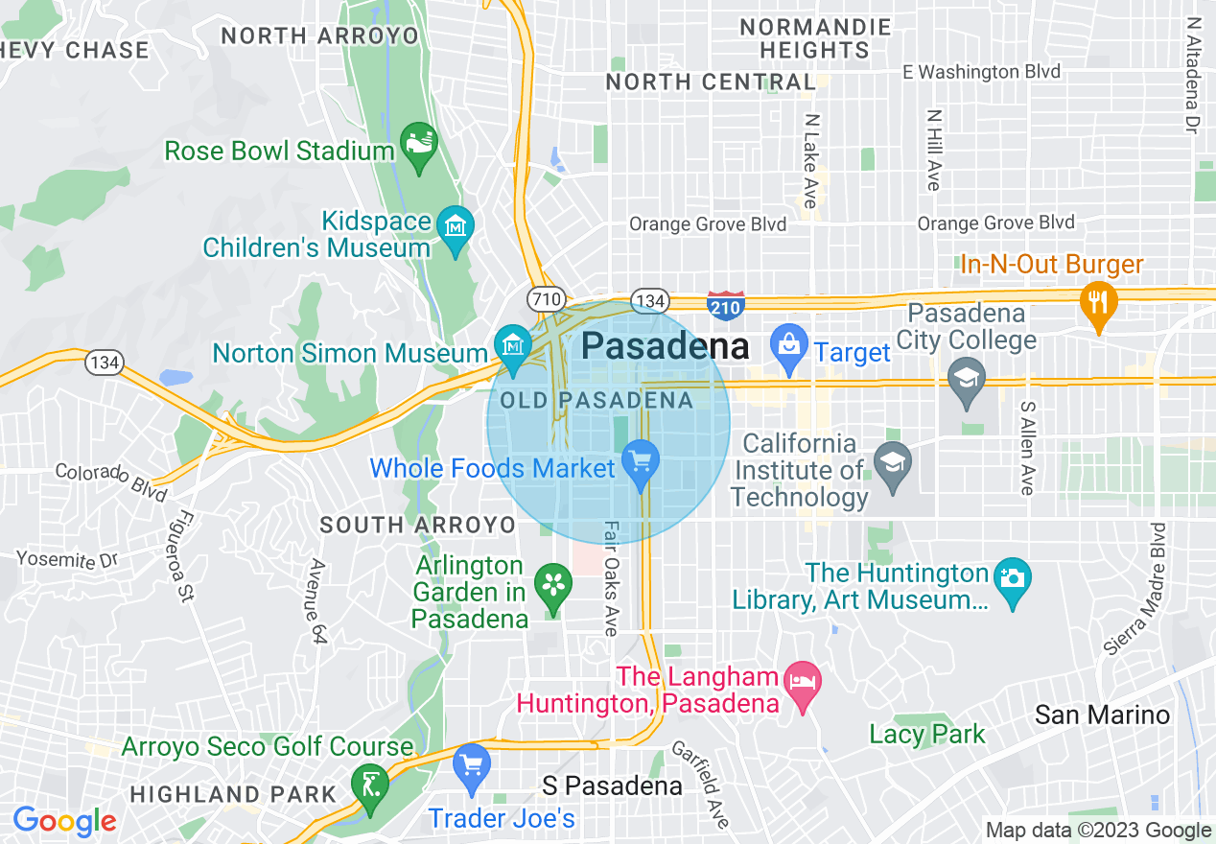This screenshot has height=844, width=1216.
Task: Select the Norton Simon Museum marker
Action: coord(512,347)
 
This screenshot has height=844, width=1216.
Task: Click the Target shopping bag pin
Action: coord(789,347)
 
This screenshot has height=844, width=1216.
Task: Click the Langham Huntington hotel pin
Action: coord(802,685)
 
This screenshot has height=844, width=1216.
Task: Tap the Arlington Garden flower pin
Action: coord(552,585)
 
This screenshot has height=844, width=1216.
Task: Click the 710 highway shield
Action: coord(546,298)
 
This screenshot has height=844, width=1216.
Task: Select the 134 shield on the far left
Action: coord(103,362)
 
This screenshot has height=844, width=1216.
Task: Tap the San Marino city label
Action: coord(1102,715)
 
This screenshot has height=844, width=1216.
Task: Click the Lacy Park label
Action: coord(926,735)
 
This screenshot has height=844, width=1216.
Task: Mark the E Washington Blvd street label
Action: coord(982,72)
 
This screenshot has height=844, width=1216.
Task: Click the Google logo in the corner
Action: coord(64,822)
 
